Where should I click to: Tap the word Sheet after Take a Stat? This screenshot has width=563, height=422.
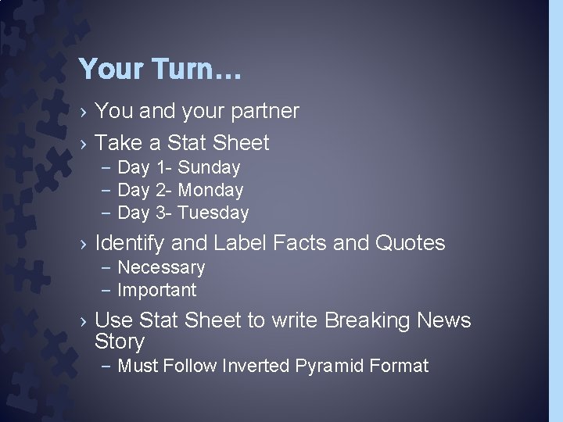pos(240,143)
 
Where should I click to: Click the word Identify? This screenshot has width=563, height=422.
pos(130,244)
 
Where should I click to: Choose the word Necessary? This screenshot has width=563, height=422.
pos(161,268)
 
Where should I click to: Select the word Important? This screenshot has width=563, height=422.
pos(156,291)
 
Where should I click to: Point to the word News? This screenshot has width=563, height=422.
pos(444,320)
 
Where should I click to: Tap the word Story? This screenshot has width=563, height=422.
pos(120,342)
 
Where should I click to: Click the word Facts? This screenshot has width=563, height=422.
pos(300,244)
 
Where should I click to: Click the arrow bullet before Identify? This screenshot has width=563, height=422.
pos(83,245)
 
